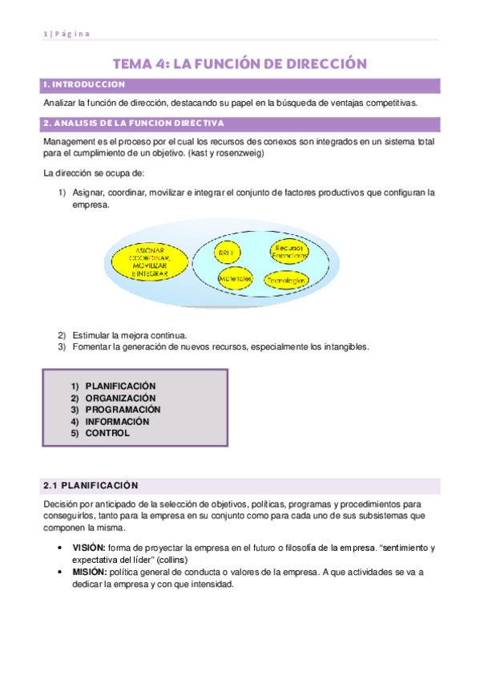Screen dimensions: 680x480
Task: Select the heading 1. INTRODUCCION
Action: point(84,84)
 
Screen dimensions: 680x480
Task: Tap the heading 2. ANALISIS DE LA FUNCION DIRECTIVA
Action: point(133,123)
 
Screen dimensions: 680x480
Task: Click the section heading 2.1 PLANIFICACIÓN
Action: point(91,485)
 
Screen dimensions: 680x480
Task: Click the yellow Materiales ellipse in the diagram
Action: point(236,278)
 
